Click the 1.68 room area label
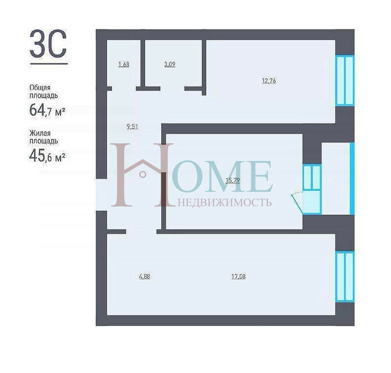point(124,64)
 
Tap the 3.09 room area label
point(170,64)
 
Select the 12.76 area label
point(269,81)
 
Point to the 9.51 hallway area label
point(132,127)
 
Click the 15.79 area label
point(233,180)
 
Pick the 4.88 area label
point(145,277)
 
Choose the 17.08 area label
point(238,277)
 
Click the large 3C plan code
point(48,44)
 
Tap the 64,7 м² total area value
point(47,110)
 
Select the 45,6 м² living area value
point(47,156)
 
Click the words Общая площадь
point(44,92)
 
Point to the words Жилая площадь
point(44,137)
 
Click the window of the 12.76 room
point(345,80)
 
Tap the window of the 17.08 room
point(345,277)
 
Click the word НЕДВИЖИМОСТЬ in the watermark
point(225,203)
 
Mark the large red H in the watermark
point(142,175)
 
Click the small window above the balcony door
point(312,177)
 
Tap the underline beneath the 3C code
point(49,64)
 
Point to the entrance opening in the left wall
point(101,195)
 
